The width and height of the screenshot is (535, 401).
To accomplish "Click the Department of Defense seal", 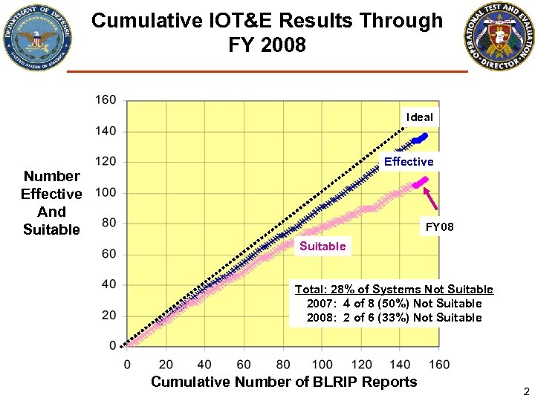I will tap(37, 37).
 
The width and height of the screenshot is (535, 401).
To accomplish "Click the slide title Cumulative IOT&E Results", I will tap(267, 32).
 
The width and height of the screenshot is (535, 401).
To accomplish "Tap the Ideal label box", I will tap(419, 117).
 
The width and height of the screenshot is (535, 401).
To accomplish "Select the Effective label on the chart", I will tap(408, 161).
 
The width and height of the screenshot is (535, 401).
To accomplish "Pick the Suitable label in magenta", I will tap(322, 246).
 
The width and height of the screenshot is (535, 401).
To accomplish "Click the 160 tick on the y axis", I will tap(106, 100).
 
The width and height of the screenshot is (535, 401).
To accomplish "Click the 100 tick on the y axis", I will tap(106, 192).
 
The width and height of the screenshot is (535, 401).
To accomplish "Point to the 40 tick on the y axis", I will tap(108, 284).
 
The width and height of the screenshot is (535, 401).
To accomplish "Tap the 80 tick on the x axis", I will tap(283, 365).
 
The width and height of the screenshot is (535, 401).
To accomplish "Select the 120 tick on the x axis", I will tap(361, 365).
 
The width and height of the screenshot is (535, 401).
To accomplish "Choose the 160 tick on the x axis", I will tap(439, 365).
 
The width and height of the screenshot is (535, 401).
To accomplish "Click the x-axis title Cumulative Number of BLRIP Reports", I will tap(284, 382).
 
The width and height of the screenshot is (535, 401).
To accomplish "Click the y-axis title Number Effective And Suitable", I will tap(51, 203).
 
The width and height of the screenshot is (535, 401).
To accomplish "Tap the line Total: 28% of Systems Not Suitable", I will tap(394, 289).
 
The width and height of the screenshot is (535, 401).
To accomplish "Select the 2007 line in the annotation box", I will tap(394, 303).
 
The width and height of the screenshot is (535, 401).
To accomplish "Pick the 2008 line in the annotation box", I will tap(394, 317).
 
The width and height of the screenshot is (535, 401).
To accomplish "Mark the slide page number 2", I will tap(525, 391).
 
